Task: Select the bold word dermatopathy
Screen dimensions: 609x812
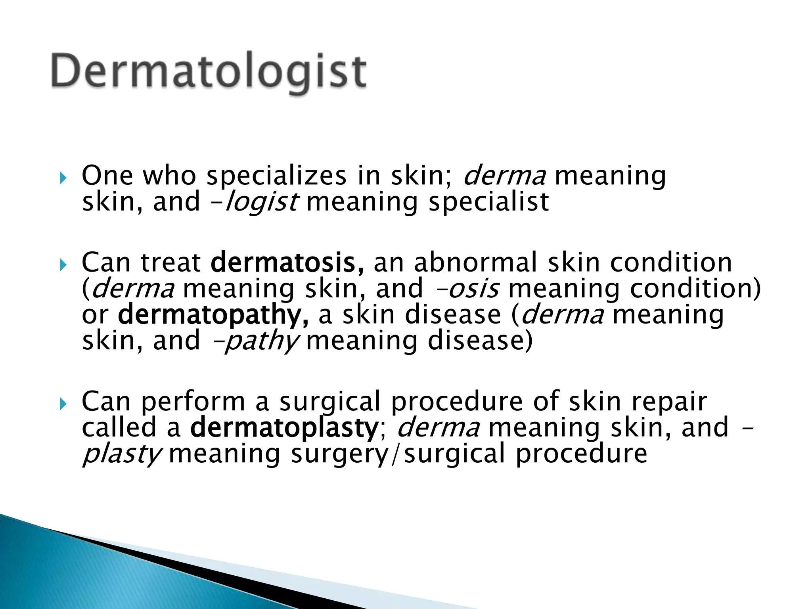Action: (x=213, y=315)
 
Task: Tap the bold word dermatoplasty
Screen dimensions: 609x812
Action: (x=284, y=427)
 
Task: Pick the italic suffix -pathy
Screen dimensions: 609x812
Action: (x=255, y=341)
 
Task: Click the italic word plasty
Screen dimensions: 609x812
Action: (x=121, y=454)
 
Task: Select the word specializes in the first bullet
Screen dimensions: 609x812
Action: (x=276, y=176)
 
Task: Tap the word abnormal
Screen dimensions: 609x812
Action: (x=475, y=262)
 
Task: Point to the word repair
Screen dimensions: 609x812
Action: (x=669, y=401)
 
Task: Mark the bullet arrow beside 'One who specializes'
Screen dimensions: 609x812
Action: (x=63, y=178)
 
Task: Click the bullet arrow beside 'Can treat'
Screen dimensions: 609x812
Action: (x=63, y=265)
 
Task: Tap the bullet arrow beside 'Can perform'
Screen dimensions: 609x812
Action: (x=63, y=404)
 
